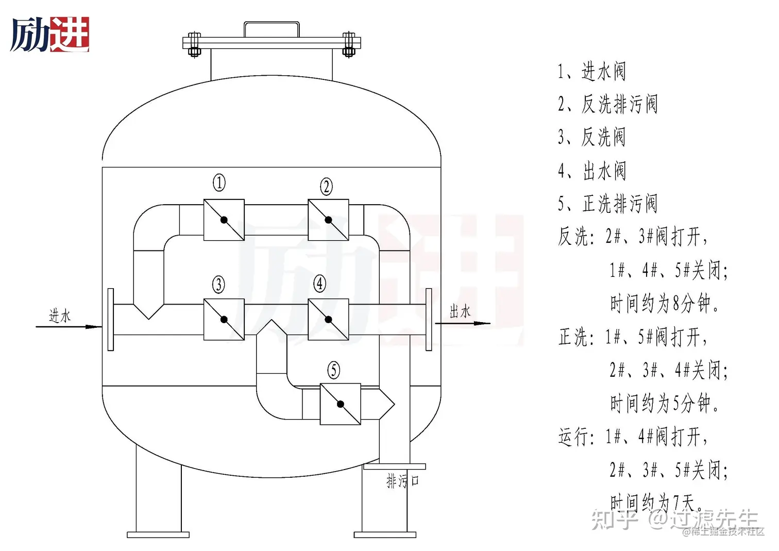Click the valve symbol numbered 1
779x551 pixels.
224,220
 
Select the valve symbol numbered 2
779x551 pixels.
328,220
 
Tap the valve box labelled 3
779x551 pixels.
224,320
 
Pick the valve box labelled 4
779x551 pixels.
328,320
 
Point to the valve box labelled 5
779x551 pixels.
340,404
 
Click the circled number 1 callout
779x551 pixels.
219,182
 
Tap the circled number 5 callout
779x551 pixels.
334,370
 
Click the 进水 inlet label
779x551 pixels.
60,315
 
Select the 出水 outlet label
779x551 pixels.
460,311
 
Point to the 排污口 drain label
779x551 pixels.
402,481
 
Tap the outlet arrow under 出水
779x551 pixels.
463,324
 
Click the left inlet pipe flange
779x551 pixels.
111,320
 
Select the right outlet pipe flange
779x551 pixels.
429,320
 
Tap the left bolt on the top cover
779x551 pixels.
194,44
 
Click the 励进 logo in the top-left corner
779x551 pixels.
50,35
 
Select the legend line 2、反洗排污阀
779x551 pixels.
607,104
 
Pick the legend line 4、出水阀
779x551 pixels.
592,171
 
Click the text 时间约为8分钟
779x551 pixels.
664,304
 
